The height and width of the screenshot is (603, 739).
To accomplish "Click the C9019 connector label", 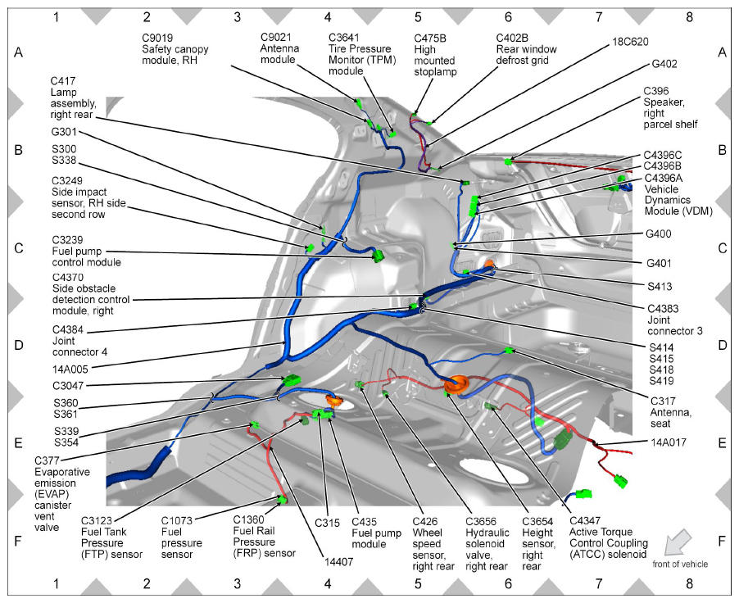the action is click(157, 39).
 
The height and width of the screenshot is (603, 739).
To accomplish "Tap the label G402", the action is click(664, 64).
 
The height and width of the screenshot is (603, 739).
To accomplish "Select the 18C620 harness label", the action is click(630, 42).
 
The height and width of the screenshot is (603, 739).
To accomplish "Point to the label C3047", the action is click(68, 386).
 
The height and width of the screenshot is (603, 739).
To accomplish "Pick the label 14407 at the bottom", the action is click(338, 561).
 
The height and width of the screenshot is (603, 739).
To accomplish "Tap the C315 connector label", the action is click(327, 523).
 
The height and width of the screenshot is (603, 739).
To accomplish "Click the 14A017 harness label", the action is click(669, 442).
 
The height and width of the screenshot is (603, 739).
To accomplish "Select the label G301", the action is click(64, 132).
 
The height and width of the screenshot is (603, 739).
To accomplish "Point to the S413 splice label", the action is click(660, 286).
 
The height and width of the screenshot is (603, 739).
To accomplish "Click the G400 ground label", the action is click(659, 233).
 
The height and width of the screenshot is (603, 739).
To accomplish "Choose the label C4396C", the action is click(663, 155).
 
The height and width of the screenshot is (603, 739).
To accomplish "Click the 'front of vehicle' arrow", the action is click(678, 542).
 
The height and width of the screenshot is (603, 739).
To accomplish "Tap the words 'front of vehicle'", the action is click(680, 564).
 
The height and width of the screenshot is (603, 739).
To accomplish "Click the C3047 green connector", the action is click(292, 380).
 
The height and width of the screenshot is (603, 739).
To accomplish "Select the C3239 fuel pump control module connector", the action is click(378, 256).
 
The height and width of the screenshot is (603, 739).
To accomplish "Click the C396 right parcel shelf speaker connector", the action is click(508, 161).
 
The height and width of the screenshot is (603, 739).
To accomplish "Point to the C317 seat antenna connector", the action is click(509, 351).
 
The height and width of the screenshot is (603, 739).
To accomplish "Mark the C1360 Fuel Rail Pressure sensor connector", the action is click(283, 499).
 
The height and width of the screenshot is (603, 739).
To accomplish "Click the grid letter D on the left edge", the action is click(18, 345).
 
